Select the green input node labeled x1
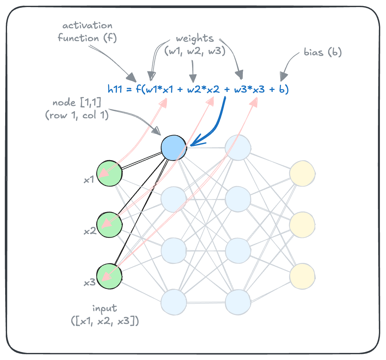(109, 173)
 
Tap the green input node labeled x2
(109, 225)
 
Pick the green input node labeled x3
(109, 276)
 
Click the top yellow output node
(302, 173)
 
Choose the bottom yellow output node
(302, 276)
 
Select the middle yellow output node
(302, 225)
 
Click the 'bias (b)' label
(322, 52)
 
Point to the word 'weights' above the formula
(195, 39)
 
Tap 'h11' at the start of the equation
(115, 90)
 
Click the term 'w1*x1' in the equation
(159, 90)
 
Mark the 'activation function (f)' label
(87, 32)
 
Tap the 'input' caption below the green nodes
(105, 309)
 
